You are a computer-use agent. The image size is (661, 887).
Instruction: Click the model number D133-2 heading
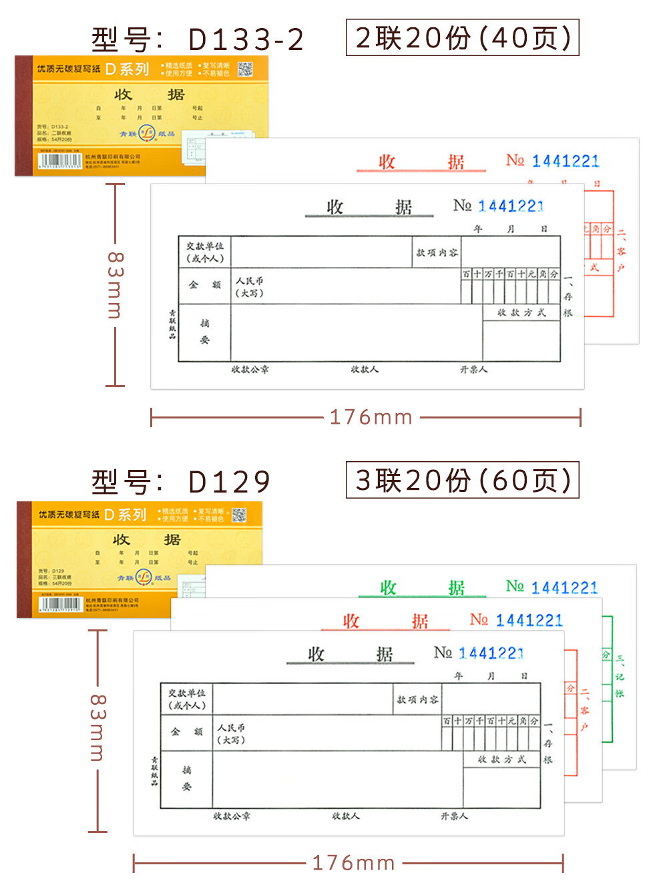198,40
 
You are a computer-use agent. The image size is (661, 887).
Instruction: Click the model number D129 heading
181,482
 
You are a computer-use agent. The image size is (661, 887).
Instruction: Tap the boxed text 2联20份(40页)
462,38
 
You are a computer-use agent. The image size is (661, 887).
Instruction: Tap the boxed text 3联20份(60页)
462,480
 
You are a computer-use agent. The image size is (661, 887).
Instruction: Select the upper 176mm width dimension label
371,418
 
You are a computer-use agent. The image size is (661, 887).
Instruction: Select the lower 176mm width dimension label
354,863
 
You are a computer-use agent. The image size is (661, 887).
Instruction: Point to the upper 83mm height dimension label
115,285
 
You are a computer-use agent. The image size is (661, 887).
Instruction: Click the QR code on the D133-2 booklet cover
245,69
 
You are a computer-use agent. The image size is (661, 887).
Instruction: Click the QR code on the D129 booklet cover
238,515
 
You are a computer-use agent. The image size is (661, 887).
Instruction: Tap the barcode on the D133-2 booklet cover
60,161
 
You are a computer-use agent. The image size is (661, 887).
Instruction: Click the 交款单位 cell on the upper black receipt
205,252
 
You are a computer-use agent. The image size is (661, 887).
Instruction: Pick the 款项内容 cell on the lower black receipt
418,699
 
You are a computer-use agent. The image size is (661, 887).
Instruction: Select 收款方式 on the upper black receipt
521,312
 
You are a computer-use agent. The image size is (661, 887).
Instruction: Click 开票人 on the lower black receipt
454,816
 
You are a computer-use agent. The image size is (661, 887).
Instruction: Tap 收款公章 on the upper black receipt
250,369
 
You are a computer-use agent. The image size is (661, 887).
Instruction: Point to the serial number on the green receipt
564,588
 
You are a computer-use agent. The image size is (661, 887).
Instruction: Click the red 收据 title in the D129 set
385,621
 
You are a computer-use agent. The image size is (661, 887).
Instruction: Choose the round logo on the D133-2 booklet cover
146,133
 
